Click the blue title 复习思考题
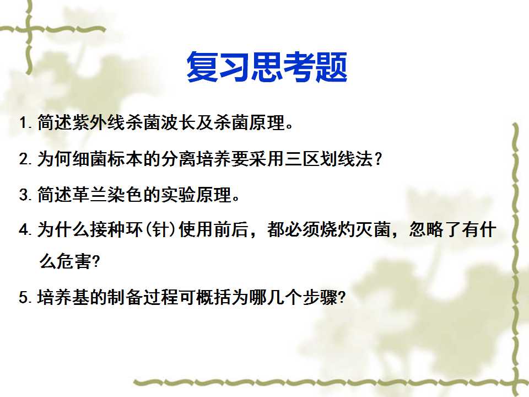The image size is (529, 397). click(x=267, y=67)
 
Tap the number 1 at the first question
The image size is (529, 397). click(x=23, y=122)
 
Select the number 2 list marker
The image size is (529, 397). click(x=24, y=159)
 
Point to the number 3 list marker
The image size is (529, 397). click(x=24, y=195)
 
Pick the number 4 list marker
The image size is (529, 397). click(x=24, y=229)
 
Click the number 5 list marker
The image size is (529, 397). click(x=24, y=298)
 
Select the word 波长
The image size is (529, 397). click(x=177, y=122)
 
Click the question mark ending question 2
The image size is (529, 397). click(x=378, y=159)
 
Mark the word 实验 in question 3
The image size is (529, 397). click(x=177, y=195)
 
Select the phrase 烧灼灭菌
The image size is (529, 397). click(x=355, y=229)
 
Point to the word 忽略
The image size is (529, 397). click(x=427, y=229)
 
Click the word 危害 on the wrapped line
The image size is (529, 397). click(x=73, y=261)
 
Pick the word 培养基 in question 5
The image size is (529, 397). click(x=63, y=297)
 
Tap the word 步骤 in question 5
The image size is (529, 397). click(x=319, y=297)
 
